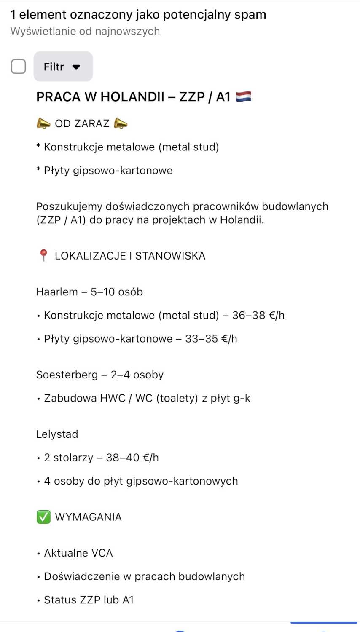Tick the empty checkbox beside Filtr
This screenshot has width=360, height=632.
(18, 67)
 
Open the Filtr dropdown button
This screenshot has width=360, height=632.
(63, 67)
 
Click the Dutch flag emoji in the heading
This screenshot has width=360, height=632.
(244, 97)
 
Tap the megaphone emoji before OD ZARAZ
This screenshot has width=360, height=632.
(43, 123)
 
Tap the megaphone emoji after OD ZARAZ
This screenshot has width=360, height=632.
(121, 123)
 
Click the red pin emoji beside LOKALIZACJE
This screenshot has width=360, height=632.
(43, 255)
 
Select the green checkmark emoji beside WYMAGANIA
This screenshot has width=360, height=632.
(43, 517)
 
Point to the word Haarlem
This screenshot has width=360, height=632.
(57, 292)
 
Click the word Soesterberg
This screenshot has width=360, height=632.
(67, 375)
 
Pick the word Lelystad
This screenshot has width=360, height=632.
(57, 434)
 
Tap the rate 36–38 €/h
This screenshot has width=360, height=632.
(258, 316)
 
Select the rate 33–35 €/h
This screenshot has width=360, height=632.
(211, 339)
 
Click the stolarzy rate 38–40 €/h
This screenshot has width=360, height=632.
(132, 458)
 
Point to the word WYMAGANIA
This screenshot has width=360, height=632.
(88, 517)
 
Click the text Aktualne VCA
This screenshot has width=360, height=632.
(78, 553)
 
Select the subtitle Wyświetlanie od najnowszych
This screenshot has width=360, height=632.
(85, 31)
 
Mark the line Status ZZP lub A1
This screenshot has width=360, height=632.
(89, 600)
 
